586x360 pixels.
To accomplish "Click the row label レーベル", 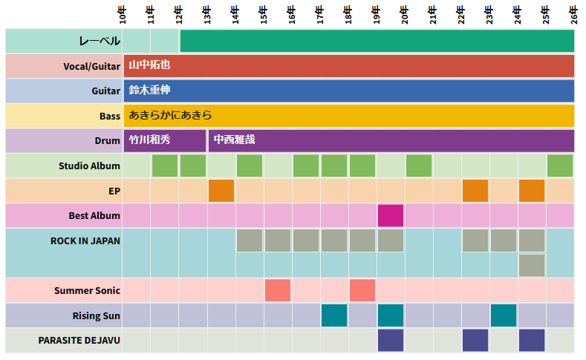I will [x=100, y=41].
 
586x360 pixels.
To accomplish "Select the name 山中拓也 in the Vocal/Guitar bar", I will [x=149, y=65].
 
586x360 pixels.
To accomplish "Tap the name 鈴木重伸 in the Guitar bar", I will [x=149, y=91].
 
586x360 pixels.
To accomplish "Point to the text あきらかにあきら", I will [x=170, y=115].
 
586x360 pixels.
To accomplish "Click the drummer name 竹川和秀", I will [x=149, y=140].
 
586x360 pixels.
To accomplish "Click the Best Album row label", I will [x=94, y=216].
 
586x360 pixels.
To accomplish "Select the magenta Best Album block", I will [x=391, y=216].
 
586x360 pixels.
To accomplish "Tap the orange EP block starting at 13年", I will [x=221, y=191].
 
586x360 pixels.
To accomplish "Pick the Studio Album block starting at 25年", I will [x=560, y=166].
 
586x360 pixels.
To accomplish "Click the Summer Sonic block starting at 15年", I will [x=278, y=290].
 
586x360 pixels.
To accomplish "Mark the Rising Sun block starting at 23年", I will [x=504, y=315].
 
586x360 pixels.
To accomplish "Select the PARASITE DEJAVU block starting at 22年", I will [x=475, y=340].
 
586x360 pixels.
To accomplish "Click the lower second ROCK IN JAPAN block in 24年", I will [x=532, y=265].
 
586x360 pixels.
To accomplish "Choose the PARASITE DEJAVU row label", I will [x=79, y=341].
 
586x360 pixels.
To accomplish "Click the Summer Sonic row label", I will [x=87, y=291].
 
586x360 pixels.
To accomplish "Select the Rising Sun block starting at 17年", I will [x=334, y=315].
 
